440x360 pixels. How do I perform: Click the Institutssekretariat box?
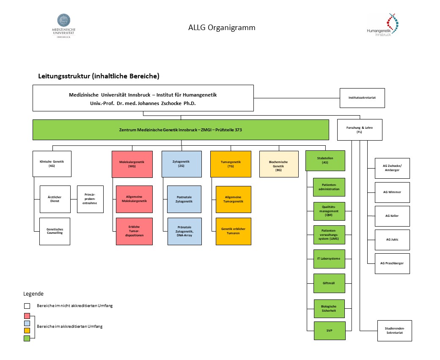(362, 98)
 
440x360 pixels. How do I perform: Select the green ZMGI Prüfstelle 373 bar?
(181, 130)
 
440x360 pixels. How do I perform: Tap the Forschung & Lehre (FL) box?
(360, 130)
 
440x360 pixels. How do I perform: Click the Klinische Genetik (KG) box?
(52, 163)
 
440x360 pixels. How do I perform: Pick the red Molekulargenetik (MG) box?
(132, 163)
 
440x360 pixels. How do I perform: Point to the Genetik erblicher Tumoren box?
(233, 231)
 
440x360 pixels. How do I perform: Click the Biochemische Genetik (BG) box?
(279, 163)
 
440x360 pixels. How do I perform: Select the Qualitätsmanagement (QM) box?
(329, 211)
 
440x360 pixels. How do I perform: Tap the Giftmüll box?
(329, 283)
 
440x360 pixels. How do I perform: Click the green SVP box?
(329, 331)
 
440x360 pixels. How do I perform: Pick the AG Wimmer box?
(392, 192)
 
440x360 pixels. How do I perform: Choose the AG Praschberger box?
(392, 263)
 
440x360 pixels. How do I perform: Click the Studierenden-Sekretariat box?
(394, 330)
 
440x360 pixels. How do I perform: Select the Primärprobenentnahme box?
(90, 199)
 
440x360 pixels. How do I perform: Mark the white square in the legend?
(27, 306)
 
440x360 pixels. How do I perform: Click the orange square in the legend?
(27, 330)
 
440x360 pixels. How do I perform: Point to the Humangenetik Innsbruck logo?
(384, 25)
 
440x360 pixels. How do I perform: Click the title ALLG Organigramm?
(222, 28)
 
